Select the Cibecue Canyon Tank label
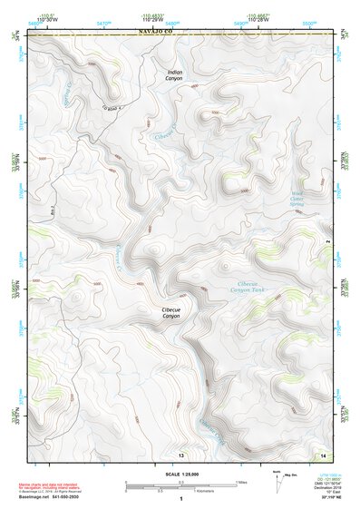coord(251,287)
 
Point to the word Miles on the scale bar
coord(241,482)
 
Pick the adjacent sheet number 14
coord(324,454)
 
